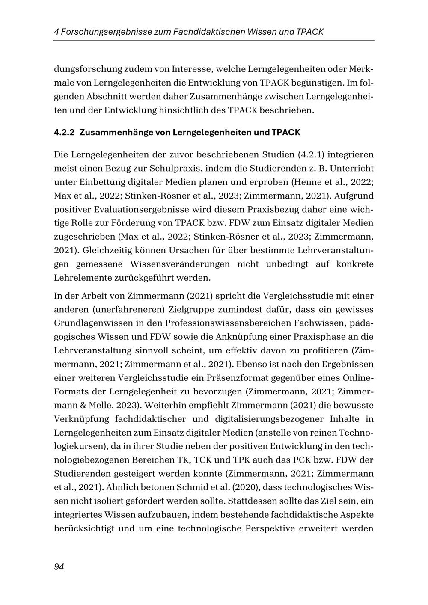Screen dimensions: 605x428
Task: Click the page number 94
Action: click(59, 567)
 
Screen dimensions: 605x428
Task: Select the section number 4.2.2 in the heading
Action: click(64, 133)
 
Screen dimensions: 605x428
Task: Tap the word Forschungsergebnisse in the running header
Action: click(99, 32)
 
